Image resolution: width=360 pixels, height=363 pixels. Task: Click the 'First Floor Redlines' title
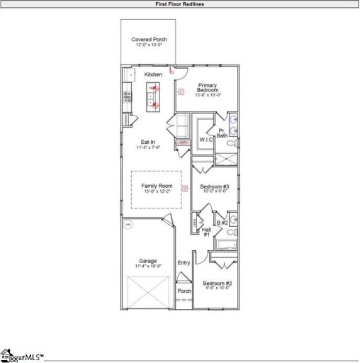[x=180, y=4]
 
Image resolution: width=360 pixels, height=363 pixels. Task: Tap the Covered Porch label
[x=150, y=40]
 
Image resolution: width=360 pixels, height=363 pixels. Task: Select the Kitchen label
[x=153, y=74]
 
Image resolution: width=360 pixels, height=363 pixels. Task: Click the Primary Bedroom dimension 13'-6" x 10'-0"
[x=208, y=95]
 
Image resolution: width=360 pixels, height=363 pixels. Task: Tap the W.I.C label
[x=206, y=140]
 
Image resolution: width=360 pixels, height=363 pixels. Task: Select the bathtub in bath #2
[x=226, y=246]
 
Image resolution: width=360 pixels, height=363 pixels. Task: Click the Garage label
[x=147, y=260]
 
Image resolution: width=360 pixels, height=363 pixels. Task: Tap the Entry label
[x=184, y=263]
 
